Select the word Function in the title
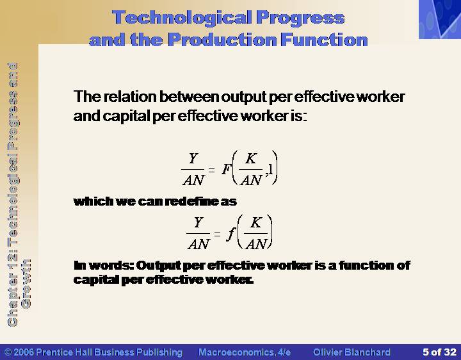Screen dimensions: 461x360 coord(324,40)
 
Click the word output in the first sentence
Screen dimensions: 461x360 coord(243,97)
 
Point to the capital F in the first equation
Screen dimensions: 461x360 coord(227,169)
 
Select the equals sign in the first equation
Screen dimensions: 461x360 coord(211,170)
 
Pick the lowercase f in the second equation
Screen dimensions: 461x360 coord(231,233)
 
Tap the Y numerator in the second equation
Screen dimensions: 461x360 coord(198,222)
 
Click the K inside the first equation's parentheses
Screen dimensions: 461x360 coord(251,158)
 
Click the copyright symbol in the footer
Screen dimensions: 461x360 coord(8,352)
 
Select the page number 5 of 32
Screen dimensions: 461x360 coord(439,352)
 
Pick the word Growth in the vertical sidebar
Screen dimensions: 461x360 coord(26,284)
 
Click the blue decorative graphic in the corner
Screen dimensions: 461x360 coord(440,19)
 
